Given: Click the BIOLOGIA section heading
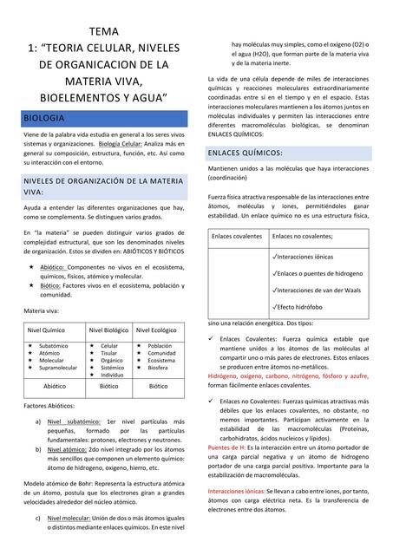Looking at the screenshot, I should coord(43,116).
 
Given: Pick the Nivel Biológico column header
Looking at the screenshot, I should coord(108,330).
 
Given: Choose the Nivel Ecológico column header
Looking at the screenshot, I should coord(156,330).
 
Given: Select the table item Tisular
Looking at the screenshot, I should coord(109,353).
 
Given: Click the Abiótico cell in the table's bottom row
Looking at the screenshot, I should coord(55,386).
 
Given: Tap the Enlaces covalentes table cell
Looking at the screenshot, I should coord(237,236).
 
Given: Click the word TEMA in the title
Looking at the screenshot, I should coord(103,32).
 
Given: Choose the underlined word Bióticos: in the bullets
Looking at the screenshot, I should coord(50,284).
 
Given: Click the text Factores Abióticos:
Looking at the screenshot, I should coord(49,405).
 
